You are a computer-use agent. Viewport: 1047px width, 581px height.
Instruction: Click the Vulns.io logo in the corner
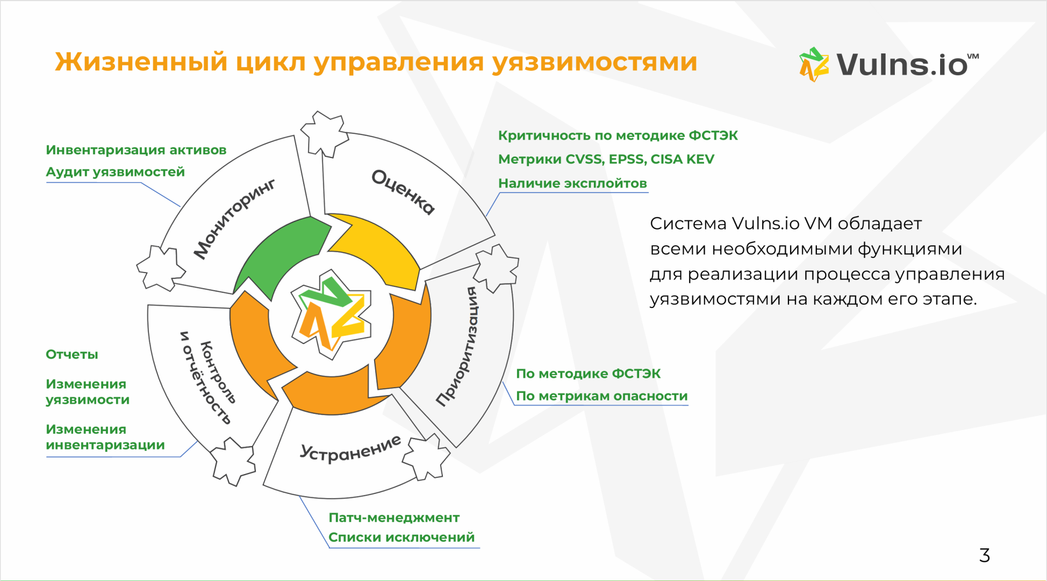[x=889, y=64]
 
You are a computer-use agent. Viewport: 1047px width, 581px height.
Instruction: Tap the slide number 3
[x=984, y=555]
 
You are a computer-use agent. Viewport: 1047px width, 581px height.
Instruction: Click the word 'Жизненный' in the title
[x=141, y=62]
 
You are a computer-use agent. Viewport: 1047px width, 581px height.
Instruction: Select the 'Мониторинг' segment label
[x=234, y=219]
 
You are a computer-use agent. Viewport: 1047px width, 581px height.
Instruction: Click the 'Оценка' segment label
[x=404, y=192]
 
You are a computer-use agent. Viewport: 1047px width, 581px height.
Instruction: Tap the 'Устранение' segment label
[x=351, y=449]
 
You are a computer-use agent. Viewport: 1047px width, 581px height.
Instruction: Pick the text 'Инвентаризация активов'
[x=136, y=150]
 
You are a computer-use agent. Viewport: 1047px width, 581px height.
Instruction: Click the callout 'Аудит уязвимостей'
[x=115, y=172]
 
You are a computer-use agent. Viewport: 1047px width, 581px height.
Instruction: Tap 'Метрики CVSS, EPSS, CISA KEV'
[x=606, y=159]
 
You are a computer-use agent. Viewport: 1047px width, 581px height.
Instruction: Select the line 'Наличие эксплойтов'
[x=573, y=183]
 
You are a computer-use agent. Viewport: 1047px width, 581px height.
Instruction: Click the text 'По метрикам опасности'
[x=602, y=396]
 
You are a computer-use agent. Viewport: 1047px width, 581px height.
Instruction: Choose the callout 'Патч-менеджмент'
[x=394, y=517]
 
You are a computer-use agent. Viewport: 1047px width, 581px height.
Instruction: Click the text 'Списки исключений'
[x=401, y=537]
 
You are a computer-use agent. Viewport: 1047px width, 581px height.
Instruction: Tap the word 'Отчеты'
[x=72, y=354]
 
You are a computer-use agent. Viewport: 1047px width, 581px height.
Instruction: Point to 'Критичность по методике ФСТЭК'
[x=618, y=135]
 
